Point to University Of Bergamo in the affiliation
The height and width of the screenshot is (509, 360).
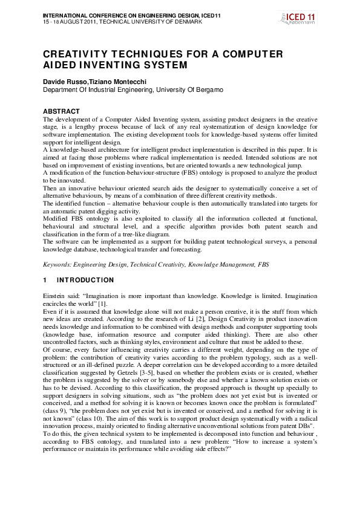(x=189, y=89)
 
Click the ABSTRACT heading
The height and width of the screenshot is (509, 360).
(x=61, y=111)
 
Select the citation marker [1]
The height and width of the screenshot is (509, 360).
(x=102, y=304)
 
